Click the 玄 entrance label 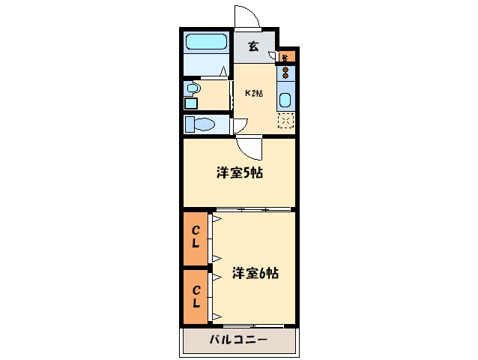(253, 46)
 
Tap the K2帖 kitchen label (254, 93)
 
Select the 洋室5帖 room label (239, 173)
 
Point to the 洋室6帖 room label (255, 273)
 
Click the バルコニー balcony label (239, 340)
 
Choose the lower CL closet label (196, 297)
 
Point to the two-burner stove (285, 73)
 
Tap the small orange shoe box (288, 56)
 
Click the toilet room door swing (240, 126)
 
